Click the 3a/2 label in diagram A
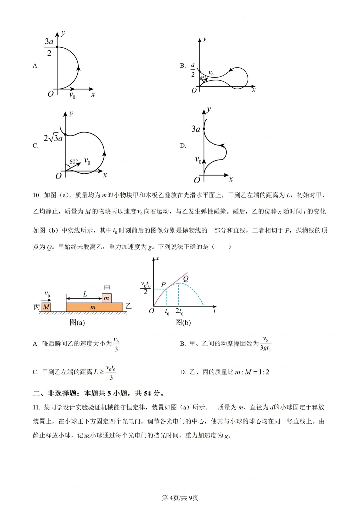tap(49, 47)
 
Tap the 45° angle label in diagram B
tap(203, 78)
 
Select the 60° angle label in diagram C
tap(73, 162)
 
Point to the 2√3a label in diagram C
tap(53, 138)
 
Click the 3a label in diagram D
tap(196, 129)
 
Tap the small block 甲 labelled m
tap(106, 298)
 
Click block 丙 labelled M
tap(46, 307)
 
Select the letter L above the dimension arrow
tap(85, 294)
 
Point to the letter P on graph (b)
tap(163, 284)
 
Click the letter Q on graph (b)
tap(186, 278)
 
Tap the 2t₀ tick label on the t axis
tap(179, 311)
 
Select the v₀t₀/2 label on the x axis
tap(146, 288)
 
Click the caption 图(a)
tap(77, 322)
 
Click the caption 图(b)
tap(183, 322)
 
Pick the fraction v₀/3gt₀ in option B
tap(265, 344)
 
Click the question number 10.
tap(36, 195)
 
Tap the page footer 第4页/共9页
tap(180, 498)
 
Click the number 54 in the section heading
tap(147, 393)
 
